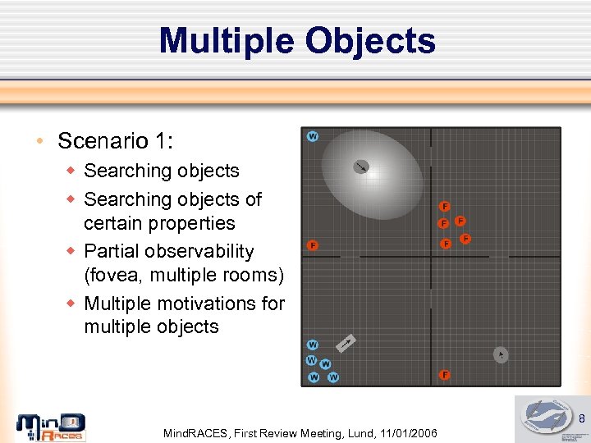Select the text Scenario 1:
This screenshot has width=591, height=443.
[x=115, y=141]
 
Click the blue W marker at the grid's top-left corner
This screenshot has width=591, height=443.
[x=312, y=136]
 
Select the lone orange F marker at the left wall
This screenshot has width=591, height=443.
[x=312, y=245]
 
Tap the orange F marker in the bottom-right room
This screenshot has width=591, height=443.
[x=444, y=375]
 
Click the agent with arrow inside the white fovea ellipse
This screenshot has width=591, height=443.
[x=361, y=167]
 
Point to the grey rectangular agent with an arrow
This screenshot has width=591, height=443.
[x=347, y=341]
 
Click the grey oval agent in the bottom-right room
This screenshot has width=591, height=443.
[x=501, y=354]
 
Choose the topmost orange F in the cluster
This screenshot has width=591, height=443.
[x=444, y=206]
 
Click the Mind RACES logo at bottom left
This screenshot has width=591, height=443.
[x=51, y=427]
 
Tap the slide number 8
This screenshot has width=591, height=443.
[x=581, y=419]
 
